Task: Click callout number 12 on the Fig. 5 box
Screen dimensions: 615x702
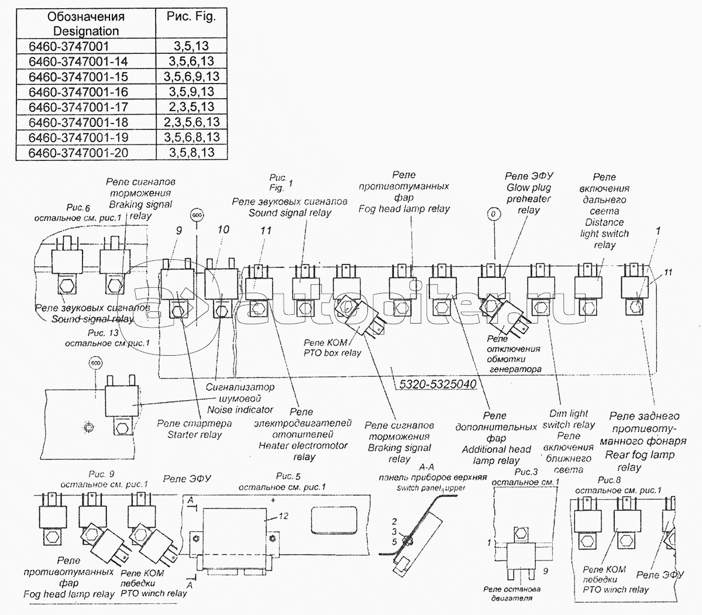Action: tap(283, 517)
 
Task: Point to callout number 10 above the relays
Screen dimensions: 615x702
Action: tap(223, 230)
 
